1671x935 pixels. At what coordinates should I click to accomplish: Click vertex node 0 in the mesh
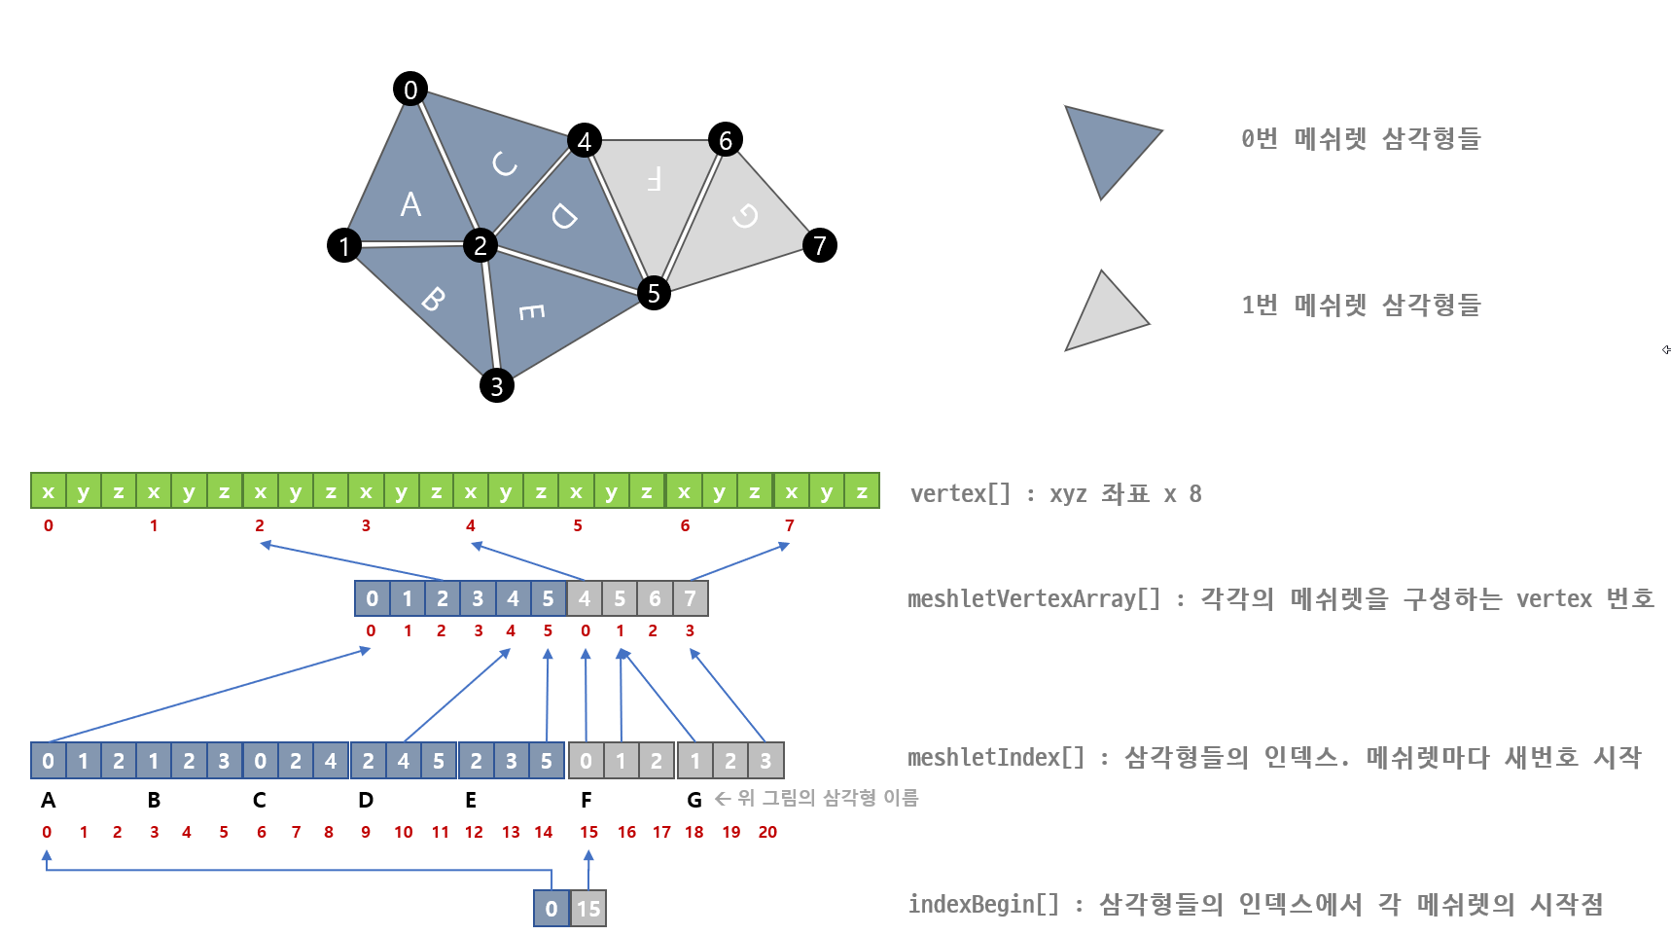point(410,89)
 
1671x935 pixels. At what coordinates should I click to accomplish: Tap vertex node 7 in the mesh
point(820,245)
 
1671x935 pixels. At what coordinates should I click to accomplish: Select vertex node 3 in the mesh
point(496,386)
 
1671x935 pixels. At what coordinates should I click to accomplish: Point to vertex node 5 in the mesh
point(654,293)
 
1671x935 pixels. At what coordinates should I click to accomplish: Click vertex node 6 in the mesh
point(725,140)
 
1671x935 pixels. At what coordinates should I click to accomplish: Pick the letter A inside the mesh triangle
point(410,204)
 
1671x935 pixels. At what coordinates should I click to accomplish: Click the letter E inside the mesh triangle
point(531,311)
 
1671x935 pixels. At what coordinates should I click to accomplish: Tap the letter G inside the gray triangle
point(745,215)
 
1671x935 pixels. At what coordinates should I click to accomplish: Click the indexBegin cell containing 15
point(588,909)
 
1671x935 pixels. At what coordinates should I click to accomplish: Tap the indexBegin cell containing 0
point(551,909)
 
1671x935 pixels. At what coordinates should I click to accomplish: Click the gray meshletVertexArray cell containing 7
point(690,598)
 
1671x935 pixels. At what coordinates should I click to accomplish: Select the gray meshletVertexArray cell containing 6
point(655,598)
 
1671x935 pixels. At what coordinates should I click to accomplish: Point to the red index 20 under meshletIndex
point(767,832)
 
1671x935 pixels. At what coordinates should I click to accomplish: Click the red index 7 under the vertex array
point(789,525)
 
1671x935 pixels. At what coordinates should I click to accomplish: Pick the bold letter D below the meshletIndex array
point(366,800)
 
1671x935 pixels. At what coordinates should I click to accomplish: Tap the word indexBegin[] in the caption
point(983,905)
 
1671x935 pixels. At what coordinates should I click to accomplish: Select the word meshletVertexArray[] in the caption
point(1033,599)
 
